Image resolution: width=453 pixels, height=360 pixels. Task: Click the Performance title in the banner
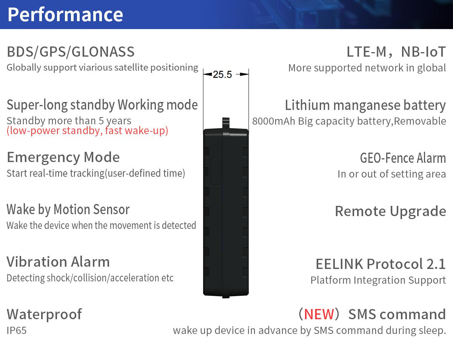(x=65, y=15)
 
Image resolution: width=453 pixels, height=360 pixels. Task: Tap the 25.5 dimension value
(x=222, y=74)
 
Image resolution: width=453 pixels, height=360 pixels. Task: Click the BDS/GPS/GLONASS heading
(x=71, y=52)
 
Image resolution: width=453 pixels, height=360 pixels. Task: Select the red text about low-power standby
(x=87, y=131)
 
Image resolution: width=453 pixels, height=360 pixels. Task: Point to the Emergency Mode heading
(x=63, y=158)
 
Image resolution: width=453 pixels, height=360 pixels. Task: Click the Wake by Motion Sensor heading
(x=68, y=210)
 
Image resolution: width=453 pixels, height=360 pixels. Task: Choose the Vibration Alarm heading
(x=58, y=262)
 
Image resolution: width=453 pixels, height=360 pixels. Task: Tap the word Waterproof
(x=44, y=314)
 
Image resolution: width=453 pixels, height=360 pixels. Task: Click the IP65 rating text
(x=17, y=331)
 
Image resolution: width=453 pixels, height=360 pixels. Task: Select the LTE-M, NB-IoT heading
(x=396, y=52)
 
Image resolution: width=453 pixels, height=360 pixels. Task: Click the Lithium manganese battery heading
(x=365, y=105)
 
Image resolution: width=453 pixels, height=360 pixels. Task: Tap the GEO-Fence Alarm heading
(x=403, y=158)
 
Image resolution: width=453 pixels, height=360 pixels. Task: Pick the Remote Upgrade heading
(x=390, y=211)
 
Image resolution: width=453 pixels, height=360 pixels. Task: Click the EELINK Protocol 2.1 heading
(x=381, y=264)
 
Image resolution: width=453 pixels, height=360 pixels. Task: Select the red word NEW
(x=319, y=314)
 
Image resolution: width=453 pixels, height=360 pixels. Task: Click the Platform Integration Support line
(x=378, y=280)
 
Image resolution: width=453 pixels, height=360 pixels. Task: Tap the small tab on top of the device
(x=226, y=123)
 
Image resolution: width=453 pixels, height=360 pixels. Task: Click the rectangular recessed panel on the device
(x=216, y=171)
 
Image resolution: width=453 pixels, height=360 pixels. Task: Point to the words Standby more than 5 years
(x=69, y=121)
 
